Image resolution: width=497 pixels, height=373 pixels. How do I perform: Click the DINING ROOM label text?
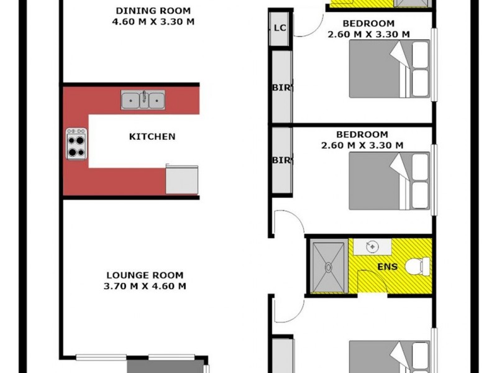[x=153, y=11]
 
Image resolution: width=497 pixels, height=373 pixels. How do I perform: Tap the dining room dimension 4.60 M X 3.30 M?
[x=153, y=21]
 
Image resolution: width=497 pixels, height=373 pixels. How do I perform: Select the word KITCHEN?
[x=152, y=136]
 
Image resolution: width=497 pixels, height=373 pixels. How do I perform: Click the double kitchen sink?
[x=143, y=99]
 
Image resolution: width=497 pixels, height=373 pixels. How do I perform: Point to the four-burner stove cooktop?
[x=76, y=144]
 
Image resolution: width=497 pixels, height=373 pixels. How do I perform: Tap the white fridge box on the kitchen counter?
[x=182, y=180]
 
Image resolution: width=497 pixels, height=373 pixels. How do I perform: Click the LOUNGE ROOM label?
[x=145, y=275]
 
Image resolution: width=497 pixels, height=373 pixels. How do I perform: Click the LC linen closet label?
[x=280, y=28]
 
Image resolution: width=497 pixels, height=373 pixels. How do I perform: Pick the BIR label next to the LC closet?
[x=281, y=88]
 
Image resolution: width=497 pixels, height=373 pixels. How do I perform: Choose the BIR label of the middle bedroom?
[x=281, y=160]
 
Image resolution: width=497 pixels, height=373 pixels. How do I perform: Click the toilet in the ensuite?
[x=417, y=266]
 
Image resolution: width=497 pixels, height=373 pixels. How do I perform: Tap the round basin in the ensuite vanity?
[x=372, y=246]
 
